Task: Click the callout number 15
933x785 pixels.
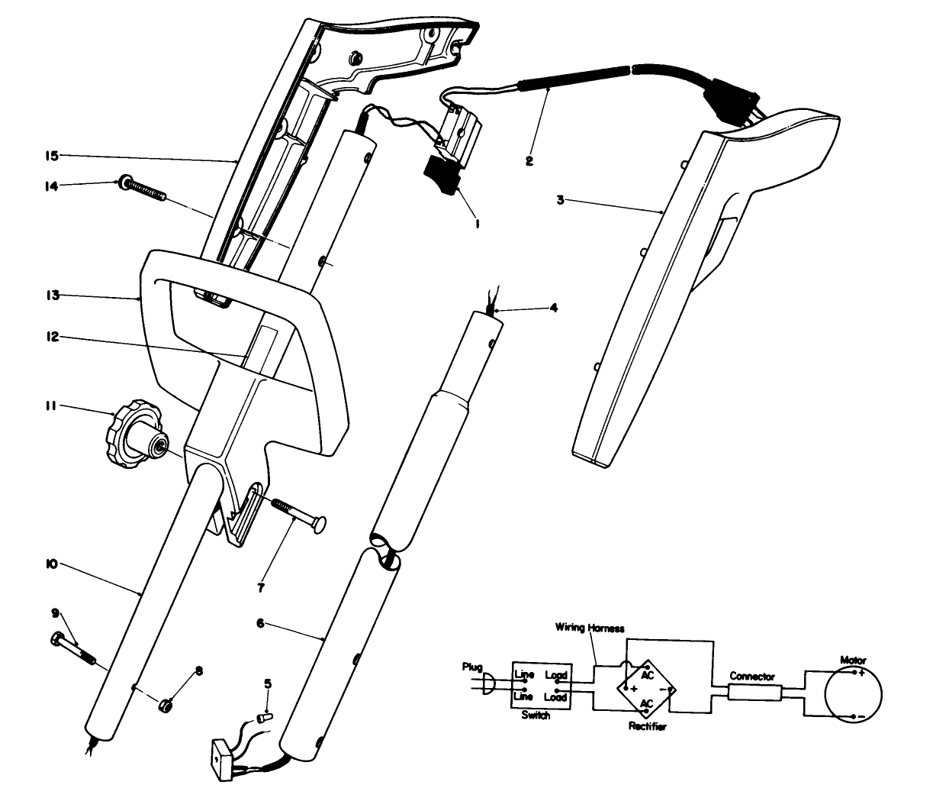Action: (x=50, y=157)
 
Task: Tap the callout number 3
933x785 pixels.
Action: (x=560, y=200)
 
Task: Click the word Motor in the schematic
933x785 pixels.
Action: (x=852, y=659)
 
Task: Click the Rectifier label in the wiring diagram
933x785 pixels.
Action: (x=648, y=726)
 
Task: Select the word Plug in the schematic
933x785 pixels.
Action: (x=473, y=667)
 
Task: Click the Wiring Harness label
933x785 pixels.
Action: (x=590, y=628)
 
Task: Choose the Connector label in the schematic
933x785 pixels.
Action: (x=751, y=677)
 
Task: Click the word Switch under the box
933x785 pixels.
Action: (x=535, y=716)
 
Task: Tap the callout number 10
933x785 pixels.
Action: (x=51, y=564)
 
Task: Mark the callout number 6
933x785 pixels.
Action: (x=260, y=623)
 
